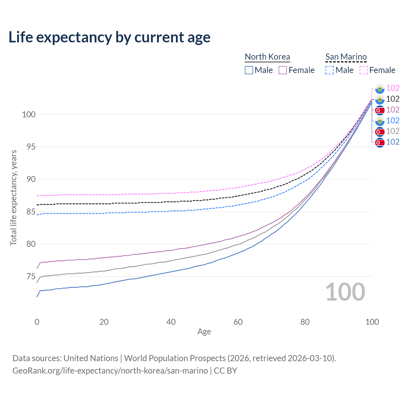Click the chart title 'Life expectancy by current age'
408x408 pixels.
point(109,37)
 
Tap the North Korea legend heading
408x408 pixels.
point(267,57)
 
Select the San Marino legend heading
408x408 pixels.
point(346,57)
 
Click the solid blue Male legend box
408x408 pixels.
point(249,70)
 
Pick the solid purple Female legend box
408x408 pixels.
point(283,70)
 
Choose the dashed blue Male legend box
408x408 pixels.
point(330,70)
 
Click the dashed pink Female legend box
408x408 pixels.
point(364,70)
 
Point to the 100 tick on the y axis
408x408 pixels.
point(28,114)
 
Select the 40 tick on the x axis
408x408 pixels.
point(171,322)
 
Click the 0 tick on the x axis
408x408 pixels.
point(37,322)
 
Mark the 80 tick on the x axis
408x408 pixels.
point(305,322)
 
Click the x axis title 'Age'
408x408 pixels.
point(204,332)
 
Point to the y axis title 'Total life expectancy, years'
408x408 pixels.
point(13,198)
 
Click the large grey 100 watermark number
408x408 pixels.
point(345,292)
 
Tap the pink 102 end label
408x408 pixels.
point(393,88)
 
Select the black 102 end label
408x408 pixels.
point(393,99)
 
